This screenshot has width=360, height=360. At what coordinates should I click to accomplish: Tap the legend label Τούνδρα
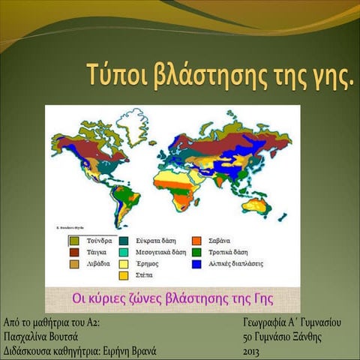pos(100,241)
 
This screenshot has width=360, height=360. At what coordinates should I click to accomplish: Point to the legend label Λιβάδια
pos(97,265)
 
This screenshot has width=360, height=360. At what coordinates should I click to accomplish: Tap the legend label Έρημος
pos(150,265)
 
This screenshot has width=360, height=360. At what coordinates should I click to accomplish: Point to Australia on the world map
pos(259,203)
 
